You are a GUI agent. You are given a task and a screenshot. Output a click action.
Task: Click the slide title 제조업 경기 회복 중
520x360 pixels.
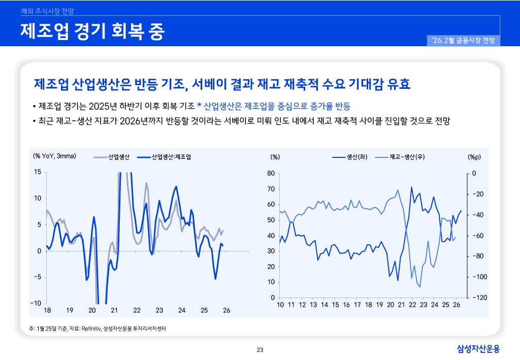pyautogui.click(x=92, y=31)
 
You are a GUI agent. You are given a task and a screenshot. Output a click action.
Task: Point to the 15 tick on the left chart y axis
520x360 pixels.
pyautogui.click(x=38, y=172)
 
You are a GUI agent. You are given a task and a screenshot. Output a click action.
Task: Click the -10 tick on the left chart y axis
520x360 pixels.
pyautogui.click(x=36, y=303)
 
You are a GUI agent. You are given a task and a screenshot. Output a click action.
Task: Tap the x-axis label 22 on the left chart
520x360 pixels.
pyautogui.click(x=137, y=310)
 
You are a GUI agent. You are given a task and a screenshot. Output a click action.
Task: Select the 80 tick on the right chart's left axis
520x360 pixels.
pyautogui.click(x=270, y=174)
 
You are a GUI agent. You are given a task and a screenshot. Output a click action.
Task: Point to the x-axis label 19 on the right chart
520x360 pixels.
pyautogui.click(x=379, y=305)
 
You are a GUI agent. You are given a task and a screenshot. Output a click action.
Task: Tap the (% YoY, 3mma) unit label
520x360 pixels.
pyautogui.click(x=54, y=156)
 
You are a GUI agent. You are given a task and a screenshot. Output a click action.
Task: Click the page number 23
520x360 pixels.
pyautogui.click(x=260, y=349)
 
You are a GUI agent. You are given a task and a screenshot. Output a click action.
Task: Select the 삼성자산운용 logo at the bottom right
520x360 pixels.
pyautogui.click(x=478, y=349)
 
